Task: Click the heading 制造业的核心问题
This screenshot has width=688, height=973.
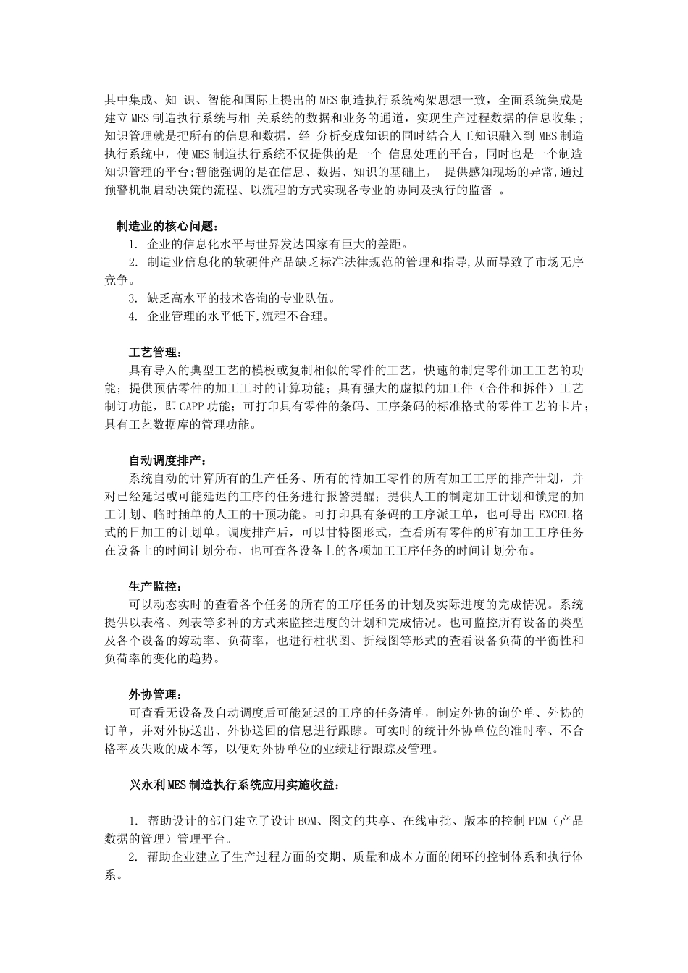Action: [x=166, y=226]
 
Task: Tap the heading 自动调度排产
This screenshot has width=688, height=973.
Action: [x=166, y=460]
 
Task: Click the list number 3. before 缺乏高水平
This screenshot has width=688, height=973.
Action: [x=133, y=298]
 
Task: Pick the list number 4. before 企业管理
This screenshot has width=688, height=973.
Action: [x=133, y=316]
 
